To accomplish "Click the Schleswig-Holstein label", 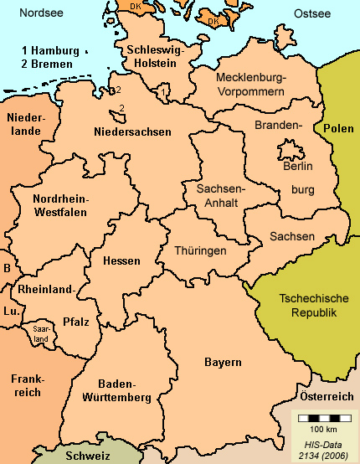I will tap(151, 57).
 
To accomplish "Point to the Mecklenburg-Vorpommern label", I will tap(250, 85).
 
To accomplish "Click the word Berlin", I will tap(298, 166).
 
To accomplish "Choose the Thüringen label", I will tap(200, 250).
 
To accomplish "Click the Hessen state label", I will tap(121, 260).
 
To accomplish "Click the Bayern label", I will tap(223, 362).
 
